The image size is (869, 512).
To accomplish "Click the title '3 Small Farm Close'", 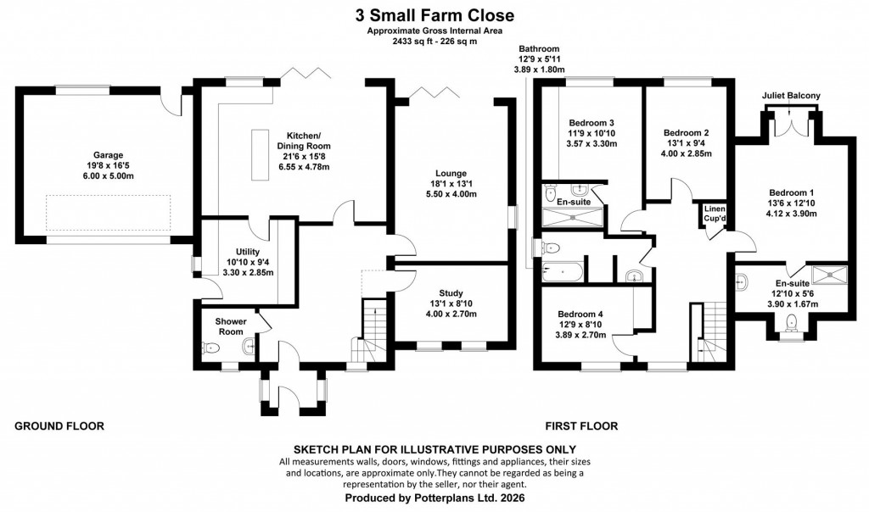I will coord(434,15).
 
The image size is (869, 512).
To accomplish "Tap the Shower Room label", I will coord(230,326).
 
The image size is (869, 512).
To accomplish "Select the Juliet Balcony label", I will coord(791,97).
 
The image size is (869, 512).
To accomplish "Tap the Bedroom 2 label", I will coord(686,132).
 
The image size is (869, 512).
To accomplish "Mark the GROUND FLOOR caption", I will coord(59,426).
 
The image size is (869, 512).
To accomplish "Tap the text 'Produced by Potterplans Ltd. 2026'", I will coord(434,499).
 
